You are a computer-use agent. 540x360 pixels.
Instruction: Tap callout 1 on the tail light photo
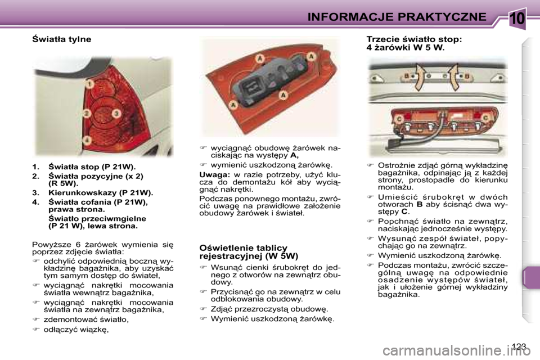pyautogui.click(x=89, y=84)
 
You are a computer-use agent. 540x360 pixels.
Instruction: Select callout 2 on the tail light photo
pyautogui.click(x=87, y=113)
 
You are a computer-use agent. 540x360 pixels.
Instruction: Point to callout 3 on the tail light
pyautogui.click(x=116, y=113)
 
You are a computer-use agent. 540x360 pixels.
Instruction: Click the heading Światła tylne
pyautogui.click(x=61, y=39)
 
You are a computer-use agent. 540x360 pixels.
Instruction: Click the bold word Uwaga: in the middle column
pyautogui.click(x=213, y=174)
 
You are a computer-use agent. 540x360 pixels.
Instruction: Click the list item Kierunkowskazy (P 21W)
pyautogui.click(x=100, y=192)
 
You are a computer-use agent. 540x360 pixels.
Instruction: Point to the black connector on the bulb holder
pyautogui.click(x=251, y=87)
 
